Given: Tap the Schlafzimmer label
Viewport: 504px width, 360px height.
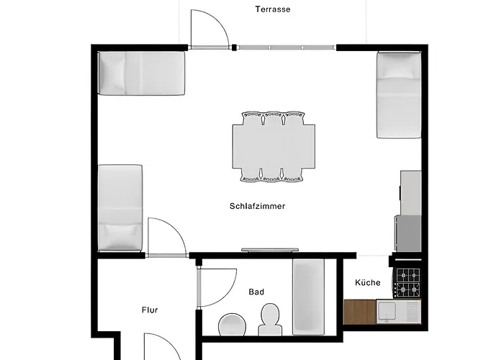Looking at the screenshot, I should click(257, 206).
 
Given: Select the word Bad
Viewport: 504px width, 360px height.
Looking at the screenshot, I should click(256, 292).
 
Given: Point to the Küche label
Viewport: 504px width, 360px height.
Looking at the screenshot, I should click(367, 283).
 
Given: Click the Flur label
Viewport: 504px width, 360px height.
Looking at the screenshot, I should click(150, 310).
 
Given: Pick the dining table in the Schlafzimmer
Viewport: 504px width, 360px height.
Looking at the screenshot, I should click(273, 146).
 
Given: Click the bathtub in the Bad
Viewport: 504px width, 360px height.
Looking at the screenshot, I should click(308, 296).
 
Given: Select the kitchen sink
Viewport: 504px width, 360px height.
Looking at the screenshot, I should click(387, 311).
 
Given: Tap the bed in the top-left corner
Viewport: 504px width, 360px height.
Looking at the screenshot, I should click(142, 73).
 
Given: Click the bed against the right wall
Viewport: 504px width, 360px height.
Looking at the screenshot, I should click(399, 95).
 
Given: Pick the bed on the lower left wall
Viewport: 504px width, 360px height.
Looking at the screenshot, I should click(120, 207).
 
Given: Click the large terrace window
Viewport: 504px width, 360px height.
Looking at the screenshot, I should click(287, 48).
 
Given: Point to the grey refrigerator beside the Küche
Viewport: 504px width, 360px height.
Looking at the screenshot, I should click(409, 233).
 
